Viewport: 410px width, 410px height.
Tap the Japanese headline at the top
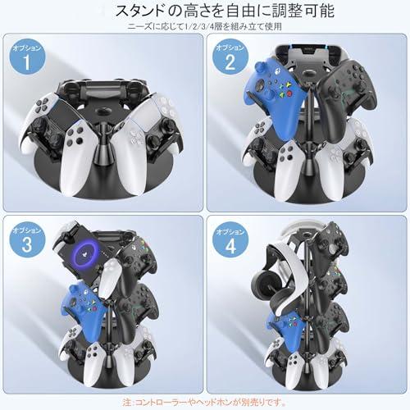225,11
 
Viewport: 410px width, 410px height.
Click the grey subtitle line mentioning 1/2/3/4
204,26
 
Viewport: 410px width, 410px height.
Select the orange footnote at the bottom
204,402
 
